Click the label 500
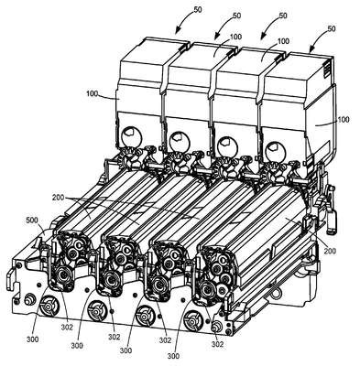pos(33,220)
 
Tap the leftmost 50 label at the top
pos(198,9)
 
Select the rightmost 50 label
pos(331,28)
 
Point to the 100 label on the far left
pos(92,93)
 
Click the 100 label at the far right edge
pos(343,119)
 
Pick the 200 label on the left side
pos(58,198)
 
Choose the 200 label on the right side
pos(330,251)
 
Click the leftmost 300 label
pos(33,339)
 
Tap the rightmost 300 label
pos(173,356)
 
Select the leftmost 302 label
pos(67,328)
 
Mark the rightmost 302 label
pos(217,344)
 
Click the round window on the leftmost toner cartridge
pos(132,136)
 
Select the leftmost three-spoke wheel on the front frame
pos(49,305)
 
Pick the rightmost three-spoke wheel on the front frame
pos(193,319)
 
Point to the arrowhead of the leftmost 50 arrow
pos(178,31)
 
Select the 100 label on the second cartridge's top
pos(235,38)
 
